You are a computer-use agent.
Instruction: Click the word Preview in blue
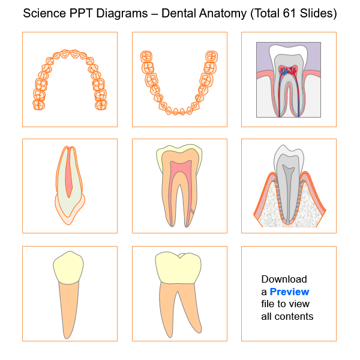pyautogui.click(x=289, y=292)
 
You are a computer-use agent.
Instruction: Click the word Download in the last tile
pyautogui.click(x=284, y=279)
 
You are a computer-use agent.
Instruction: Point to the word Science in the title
pyautogui.click(x=44, y=13)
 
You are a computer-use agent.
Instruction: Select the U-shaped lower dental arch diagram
pyautogui.click(x=179, y=84)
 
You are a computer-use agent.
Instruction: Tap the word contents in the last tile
pyautogui.click(x=294, y=316)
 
